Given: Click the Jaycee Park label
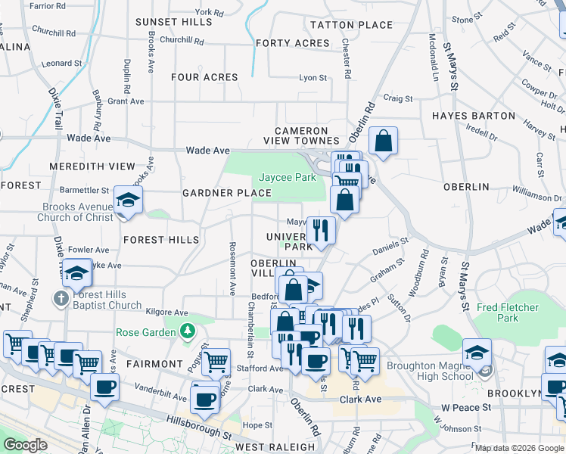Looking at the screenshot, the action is (x=287, y=177).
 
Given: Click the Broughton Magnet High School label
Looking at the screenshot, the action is (x=429, y=371).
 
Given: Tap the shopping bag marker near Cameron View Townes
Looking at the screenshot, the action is (x=384, y=140).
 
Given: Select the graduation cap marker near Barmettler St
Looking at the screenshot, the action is (x=128, y=201).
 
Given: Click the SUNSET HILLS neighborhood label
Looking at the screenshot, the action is (x=174, y=22).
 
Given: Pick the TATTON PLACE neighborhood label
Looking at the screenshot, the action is (x=351, y=25).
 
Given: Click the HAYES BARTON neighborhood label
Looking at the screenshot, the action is (x=474, y=116).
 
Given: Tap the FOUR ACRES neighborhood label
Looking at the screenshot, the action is (x=204, y=77).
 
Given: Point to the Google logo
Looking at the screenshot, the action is (x=26, y=445).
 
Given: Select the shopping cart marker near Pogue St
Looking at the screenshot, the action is (x=216, y=361).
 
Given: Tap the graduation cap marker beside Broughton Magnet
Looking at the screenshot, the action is (x=477, y=352).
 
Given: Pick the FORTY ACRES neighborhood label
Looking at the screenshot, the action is (x=293, y=43).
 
